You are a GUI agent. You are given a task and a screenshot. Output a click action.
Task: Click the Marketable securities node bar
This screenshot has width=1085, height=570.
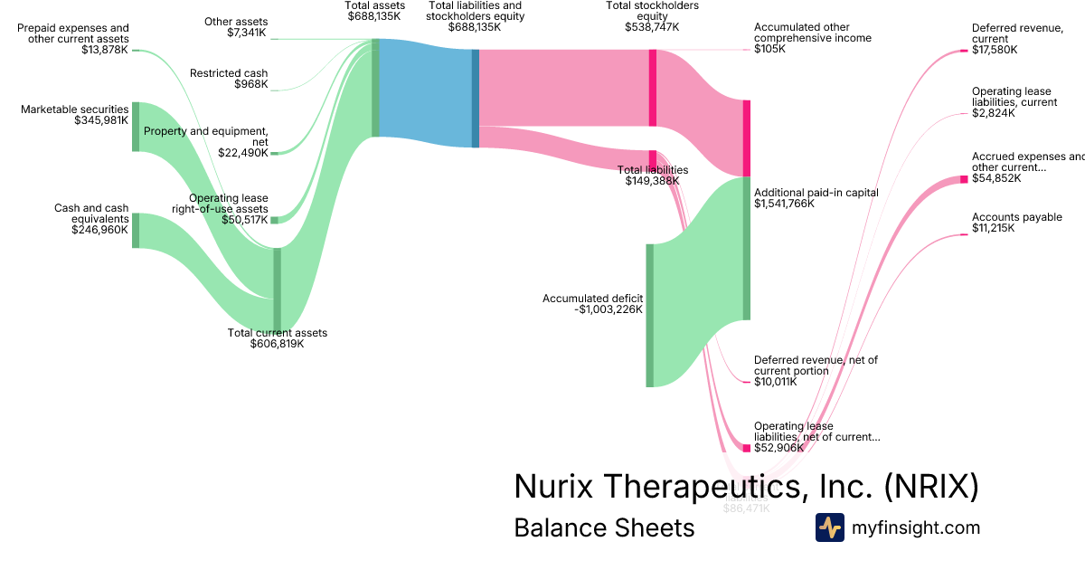tap(136, 127)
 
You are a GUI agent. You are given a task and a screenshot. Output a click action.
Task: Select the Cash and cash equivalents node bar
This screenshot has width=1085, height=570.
tap(136, 230)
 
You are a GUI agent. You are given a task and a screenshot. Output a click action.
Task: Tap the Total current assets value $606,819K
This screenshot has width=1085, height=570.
tap(277, 344)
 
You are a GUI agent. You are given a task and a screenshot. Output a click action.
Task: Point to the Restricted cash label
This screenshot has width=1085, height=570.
tap(229, 73)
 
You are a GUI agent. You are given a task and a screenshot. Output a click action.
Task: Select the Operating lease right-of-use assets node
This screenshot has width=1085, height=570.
tap(274, 220)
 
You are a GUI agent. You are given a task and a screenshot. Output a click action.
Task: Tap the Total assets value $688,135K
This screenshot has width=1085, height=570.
tap(374, 15)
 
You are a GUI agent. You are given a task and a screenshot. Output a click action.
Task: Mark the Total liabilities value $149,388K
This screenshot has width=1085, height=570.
tap(652, 181)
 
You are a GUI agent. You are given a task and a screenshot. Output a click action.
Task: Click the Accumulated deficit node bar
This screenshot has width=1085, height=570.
tap(649, 315)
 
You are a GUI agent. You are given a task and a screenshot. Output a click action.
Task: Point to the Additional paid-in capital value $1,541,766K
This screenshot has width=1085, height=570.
tap(784, 204)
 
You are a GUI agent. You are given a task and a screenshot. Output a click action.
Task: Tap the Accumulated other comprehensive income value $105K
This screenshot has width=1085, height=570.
tap(769, 49)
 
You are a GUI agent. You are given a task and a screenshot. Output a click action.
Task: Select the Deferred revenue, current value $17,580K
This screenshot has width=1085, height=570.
tap(995, 50)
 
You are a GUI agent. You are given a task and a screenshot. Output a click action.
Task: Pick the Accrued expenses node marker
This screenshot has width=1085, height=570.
tap(964, 179)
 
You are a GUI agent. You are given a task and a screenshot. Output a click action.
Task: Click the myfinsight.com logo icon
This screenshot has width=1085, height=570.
tap(829, 527)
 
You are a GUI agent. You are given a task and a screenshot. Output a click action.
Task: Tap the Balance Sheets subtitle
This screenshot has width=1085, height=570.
tap(604, 527)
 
